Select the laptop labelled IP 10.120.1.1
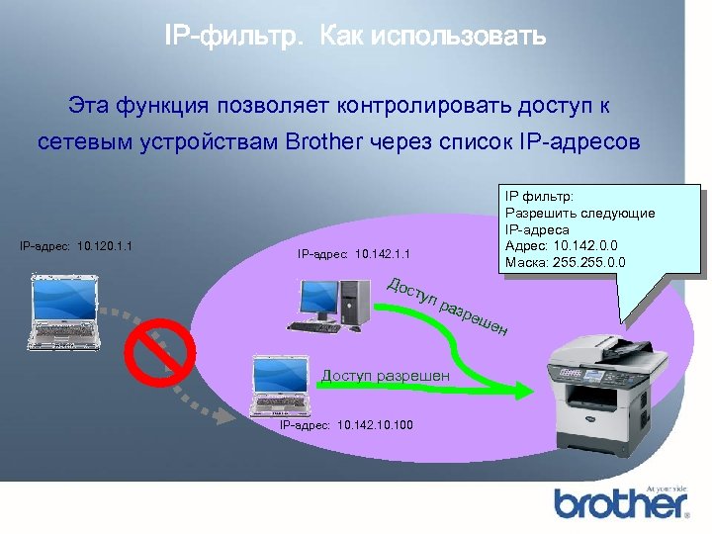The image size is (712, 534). tap(65, 309)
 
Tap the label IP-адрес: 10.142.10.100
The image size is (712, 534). tap(347, 425)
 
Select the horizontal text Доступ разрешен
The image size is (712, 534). tap(386, 375)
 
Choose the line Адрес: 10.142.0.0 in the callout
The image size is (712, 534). tap(561, 246)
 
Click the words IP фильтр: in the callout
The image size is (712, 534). tap(540, 197)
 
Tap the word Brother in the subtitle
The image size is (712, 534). tap(323, 142)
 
